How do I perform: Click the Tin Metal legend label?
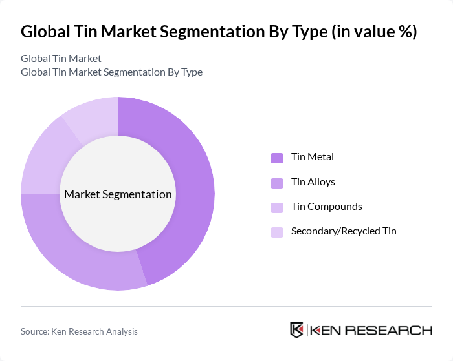(313, 157)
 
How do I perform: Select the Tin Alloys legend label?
(313, 182)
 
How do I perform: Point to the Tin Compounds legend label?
(327, 207)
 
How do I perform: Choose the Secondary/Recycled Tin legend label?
(344, 231)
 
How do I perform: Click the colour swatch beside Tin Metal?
(277, 158)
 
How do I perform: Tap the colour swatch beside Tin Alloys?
(277, 183)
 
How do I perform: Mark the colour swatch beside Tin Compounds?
(277, 207)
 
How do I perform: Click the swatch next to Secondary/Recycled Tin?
(277, 232)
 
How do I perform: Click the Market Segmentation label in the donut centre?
(118, 194)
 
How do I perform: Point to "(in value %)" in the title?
(375, 32)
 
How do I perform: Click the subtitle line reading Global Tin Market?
(61, 59)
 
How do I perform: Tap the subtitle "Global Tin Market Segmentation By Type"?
(111, 72)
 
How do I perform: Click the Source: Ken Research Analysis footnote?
(79, 331)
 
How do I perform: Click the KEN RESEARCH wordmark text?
(371, 331)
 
